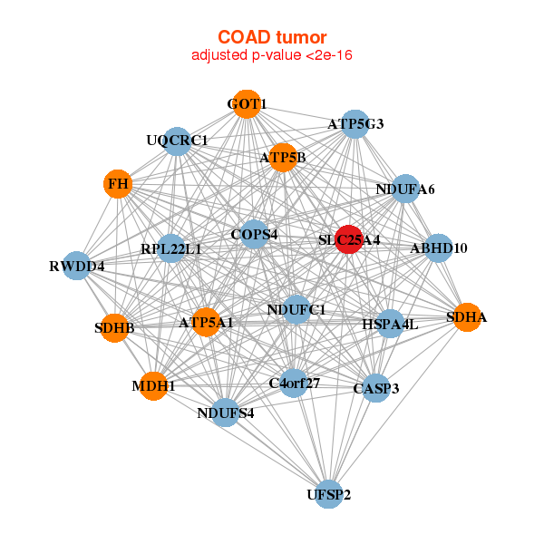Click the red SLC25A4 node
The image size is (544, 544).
point(350,239)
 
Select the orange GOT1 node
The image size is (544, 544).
point(247,104)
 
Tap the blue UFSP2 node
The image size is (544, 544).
point(328,494)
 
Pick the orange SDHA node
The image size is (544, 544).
point(466,317)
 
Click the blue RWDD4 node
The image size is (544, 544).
point(78,266)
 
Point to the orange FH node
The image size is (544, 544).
point(118,185)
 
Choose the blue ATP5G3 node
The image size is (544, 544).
point(355,124)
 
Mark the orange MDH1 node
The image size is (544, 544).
point(153,385)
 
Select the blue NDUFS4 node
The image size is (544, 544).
point(226,413)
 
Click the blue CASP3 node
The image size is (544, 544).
point(376,388)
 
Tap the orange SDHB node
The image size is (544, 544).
point(114,327)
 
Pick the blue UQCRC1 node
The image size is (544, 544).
point(178,141)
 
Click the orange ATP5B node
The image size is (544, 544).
point(283,158)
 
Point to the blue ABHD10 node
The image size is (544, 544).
point(438,248)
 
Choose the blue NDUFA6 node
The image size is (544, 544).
point(405,189)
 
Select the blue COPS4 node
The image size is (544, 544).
point(255,234)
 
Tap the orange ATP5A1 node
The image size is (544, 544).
point(206,321)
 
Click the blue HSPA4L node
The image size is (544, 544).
point(390,323)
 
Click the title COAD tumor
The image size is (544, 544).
point(272,37)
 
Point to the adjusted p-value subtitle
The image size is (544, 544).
point(272,55)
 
